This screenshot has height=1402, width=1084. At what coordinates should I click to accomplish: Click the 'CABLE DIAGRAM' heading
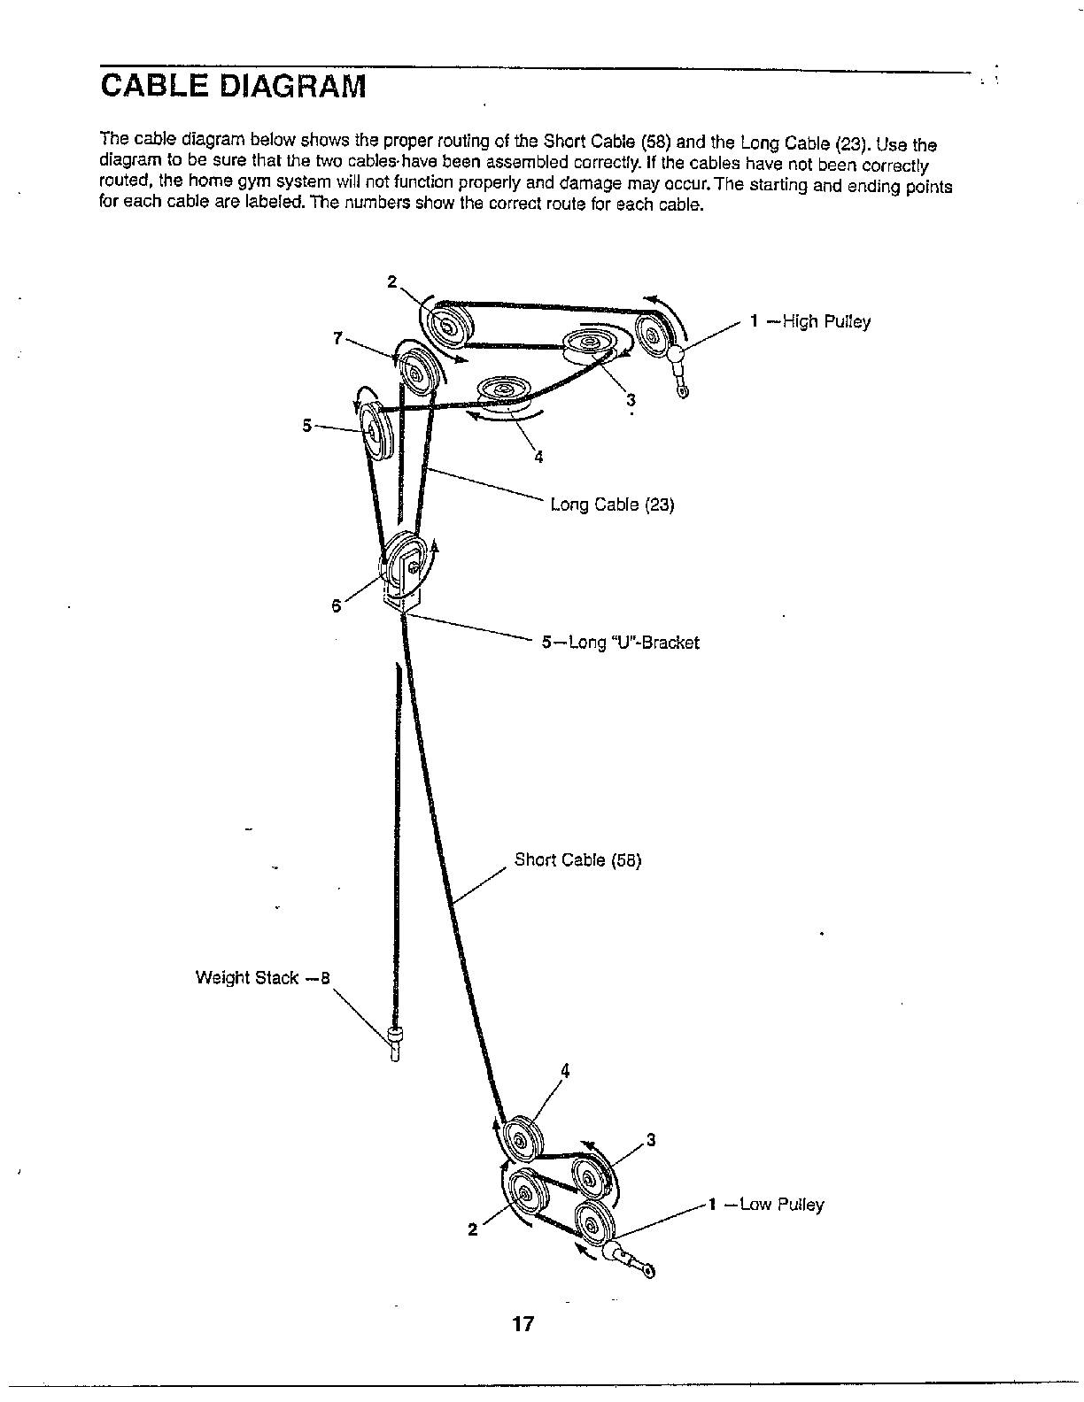(232, 87)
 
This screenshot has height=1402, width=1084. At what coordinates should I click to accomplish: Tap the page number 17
(523, 1324)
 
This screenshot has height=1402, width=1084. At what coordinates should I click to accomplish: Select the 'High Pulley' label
(823, 321)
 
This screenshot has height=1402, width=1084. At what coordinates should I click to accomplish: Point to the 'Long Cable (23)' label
(612, 505)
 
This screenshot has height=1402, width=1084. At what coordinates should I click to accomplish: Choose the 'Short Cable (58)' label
(577, 859)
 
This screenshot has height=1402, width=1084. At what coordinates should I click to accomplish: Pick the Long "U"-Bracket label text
(631, 643)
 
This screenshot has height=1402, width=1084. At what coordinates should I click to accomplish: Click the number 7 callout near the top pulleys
(337, 337)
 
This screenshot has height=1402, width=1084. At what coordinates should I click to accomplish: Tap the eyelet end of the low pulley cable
(649, 1271)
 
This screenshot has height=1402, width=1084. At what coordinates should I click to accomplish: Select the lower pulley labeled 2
(523, 1198)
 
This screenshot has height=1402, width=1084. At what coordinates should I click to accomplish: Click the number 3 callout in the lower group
(651, 1139)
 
